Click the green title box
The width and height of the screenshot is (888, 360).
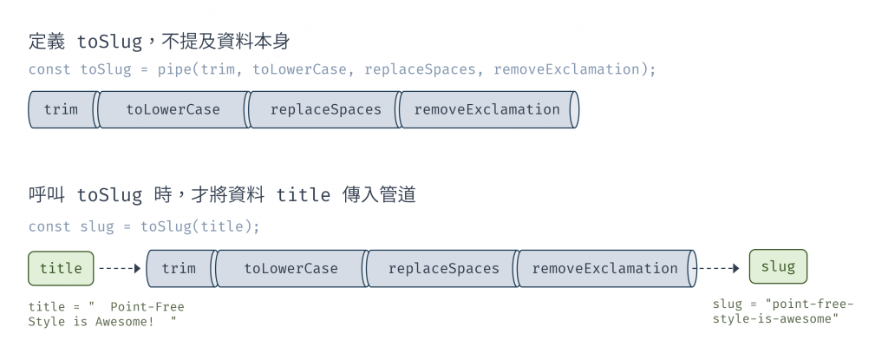click(x=61, y=268)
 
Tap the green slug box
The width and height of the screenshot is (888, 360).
click(x=778, y=267)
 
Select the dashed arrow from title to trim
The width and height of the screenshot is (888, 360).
click(x=120, y=269)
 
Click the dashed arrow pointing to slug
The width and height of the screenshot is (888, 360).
click(x=720, y=269)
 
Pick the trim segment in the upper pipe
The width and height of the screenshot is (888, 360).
click(x=61, y=110)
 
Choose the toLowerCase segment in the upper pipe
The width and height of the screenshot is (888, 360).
click(x=173, y=110)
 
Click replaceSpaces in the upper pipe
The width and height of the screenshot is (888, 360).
click(x=325, y=110)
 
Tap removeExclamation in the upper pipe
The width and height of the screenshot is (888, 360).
click(x=486, y=110)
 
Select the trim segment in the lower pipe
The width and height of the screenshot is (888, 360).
click(x=179, y=269)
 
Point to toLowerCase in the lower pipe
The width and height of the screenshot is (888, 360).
click(x=291, y=269)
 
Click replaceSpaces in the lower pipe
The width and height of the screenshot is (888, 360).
click(x=443, y=269)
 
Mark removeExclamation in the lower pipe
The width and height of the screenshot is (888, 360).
click(x=604, y=269)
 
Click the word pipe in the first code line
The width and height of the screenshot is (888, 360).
click(x=174, y=69)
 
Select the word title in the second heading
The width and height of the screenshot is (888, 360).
click(x=303, y=195)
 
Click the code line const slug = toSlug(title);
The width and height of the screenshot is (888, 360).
click(x=144, y=226)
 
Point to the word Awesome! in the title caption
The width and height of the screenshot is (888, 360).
click(x=124, y=322)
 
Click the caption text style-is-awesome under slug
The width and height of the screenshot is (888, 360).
click(x=775, y=319)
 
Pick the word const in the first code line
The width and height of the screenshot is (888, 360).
click(x=49, y=69)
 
